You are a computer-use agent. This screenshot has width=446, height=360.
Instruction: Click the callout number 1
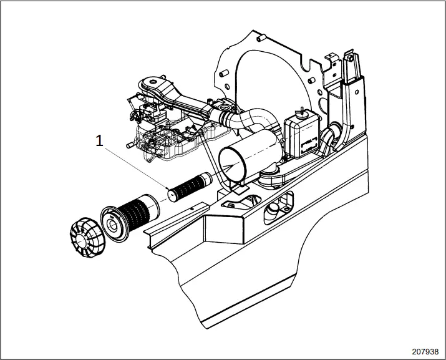coord(99,141)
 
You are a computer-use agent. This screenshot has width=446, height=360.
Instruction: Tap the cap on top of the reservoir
coord(301,111)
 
